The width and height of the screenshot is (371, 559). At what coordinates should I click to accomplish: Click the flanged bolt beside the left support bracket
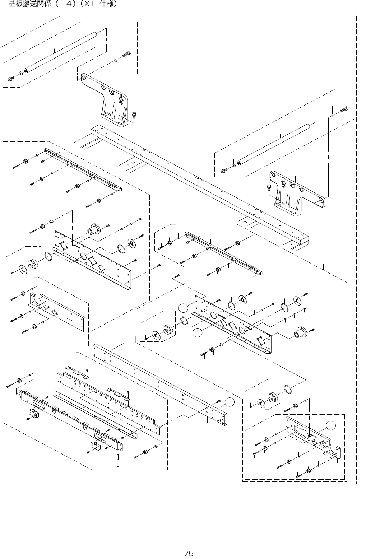click(134, 115)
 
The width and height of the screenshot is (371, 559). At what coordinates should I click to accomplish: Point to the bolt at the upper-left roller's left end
click(10, 78)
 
